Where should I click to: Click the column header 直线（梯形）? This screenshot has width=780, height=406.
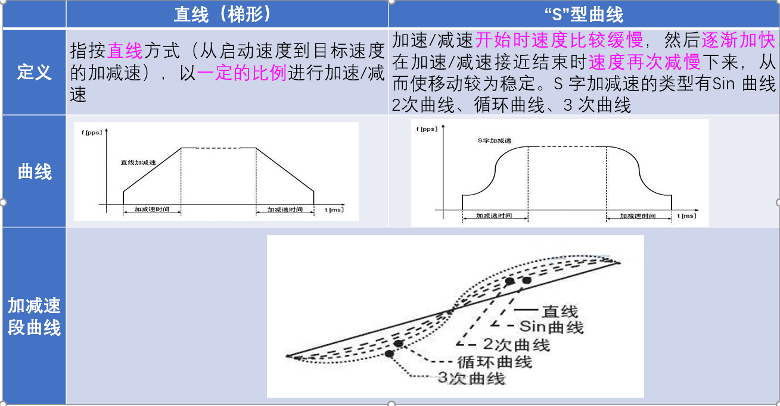click(x=226, y=14)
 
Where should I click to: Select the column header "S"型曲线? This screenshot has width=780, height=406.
click(x=584, y=14)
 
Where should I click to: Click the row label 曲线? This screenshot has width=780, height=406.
click(x=34, y=172)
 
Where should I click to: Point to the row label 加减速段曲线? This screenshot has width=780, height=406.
click(x=34, y=316)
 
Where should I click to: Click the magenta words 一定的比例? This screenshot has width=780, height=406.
click(x=242, y=74)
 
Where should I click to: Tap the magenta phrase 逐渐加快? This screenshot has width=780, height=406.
click(x=739, y=40)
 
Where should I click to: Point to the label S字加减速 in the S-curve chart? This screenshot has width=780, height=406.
click(x=495, y=141)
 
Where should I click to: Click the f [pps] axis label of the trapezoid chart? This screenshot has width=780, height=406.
click(x=92, y=132)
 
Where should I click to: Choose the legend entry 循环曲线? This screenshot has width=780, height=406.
click(x=494, y=361)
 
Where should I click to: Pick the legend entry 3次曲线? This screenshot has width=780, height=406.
click(x=471, y=378)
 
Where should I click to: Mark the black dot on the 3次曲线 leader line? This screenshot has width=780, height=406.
click(x=389, y=354)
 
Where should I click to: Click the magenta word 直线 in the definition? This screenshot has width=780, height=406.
click(x=125, y=51)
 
